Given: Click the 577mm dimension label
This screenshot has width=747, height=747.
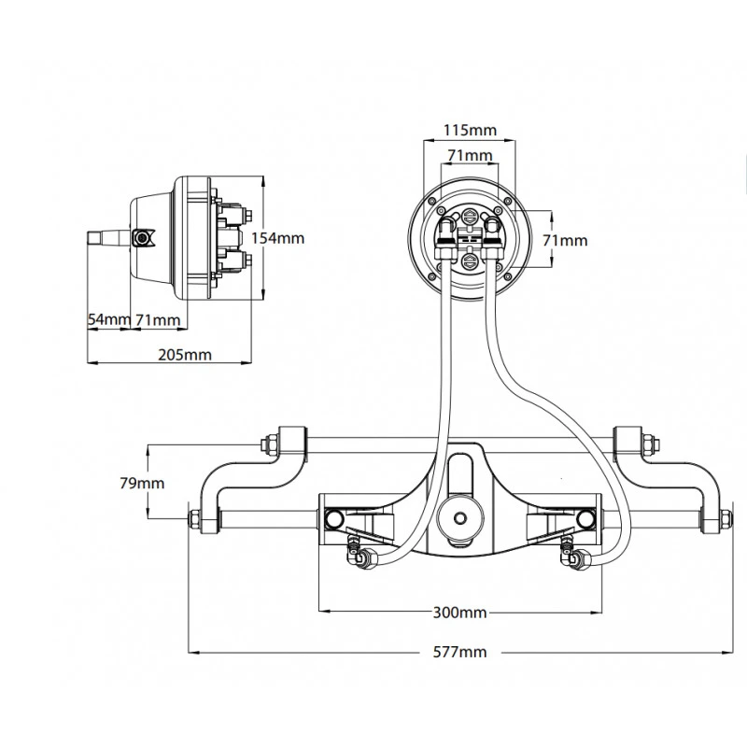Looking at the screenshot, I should [x=459, y=652].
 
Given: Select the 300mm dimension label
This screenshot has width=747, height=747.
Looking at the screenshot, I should [x=459, y=613].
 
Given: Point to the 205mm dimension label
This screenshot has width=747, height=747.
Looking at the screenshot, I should [x=185, y=355].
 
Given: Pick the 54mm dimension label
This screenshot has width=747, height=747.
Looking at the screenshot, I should [x=108, y=319].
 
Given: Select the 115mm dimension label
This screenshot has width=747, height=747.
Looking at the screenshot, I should [x=470, y=130].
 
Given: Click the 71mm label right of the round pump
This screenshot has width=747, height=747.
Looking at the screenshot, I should [x=567, y=240].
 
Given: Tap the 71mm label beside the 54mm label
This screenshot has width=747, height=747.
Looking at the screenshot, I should [x=157, y=319].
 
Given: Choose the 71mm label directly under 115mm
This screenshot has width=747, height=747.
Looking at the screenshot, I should [x=470, y=154].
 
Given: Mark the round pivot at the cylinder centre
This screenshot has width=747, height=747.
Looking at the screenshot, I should [x=458, y=517].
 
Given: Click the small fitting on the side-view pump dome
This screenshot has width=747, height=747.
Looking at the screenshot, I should [x=143, y=239].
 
